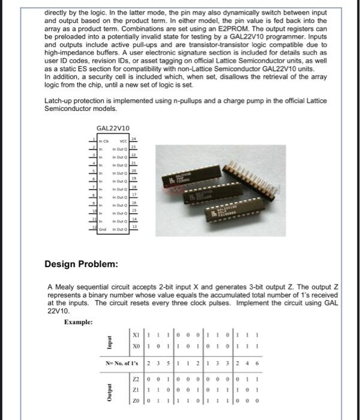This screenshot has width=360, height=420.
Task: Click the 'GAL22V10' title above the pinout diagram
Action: [x=113, y=128]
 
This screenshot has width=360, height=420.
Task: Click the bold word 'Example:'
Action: [x=78, y=322]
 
